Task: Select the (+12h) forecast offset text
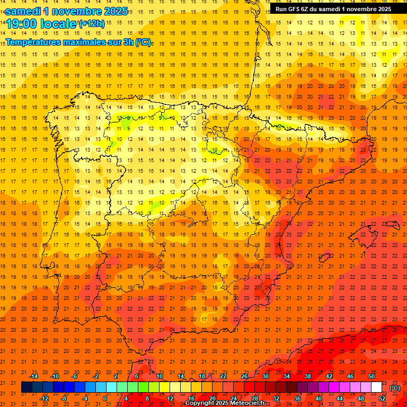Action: (x=92, y=23)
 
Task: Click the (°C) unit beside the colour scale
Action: (x=394, y=388)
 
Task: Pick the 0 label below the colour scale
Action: (x=104, y=398)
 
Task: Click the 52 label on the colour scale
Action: (x=382, y=398)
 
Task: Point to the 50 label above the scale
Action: (x=371, y=376)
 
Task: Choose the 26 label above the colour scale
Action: (x=244, y=376)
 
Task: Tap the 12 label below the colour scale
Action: (x=170, y=398)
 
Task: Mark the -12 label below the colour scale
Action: (x=44, y=398)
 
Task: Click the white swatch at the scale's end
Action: (x=376, y=387)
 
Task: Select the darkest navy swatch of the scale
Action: (x=26, y=387)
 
